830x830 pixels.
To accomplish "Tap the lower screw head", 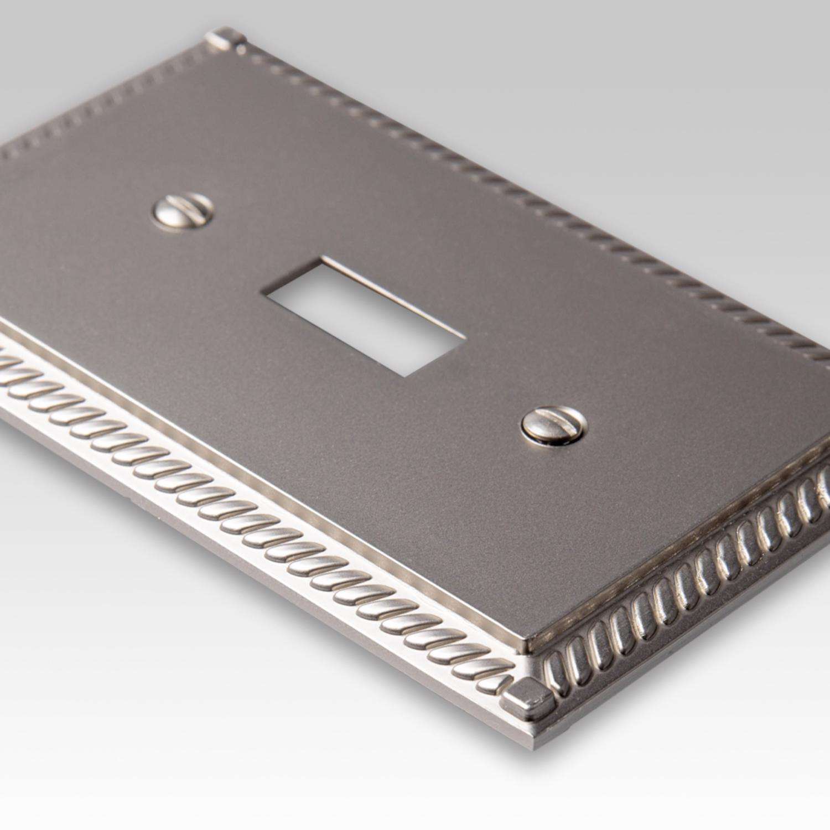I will coord(551,425).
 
